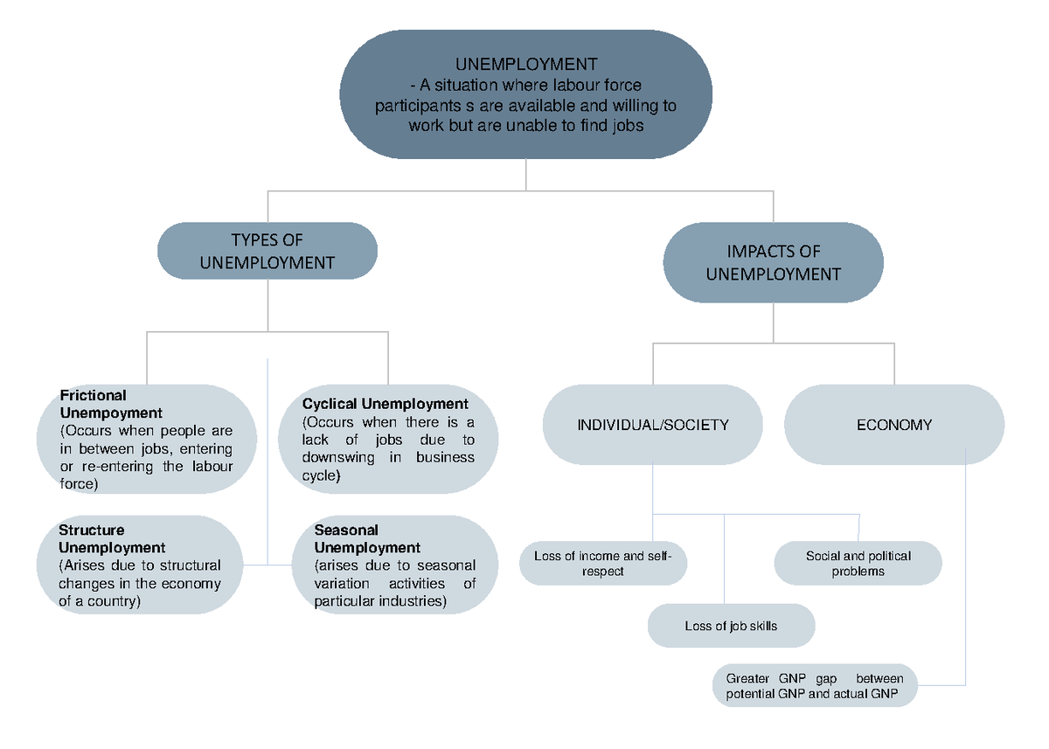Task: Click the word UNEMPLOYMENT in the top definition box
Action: pos(526,65)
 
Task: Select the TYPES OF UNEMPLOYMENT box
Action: pos(267,251)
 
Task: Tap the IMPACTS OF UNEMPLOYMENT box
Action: pos(773,263)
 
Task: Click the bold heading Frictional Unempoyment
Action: pos(110,404)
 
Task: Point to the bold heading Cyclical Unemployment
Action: pos(386,404)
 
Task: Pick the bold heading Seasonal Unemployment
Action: pos(367,538)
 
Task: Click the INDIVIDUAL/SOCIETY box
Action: pos(652,425)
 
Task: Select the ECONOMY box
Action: pos(893,425)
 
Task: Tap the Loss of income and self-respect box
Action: pos(602,564)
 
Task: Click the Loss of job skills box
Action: pos(731,626)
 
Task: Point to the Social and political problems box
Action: pos(858,564)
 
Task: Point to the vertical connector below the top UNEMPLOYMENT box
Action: pos(526,175)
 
